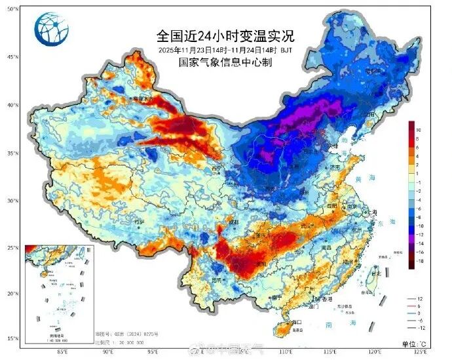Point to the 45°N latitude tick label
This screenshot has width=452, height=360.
(12, 57)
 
